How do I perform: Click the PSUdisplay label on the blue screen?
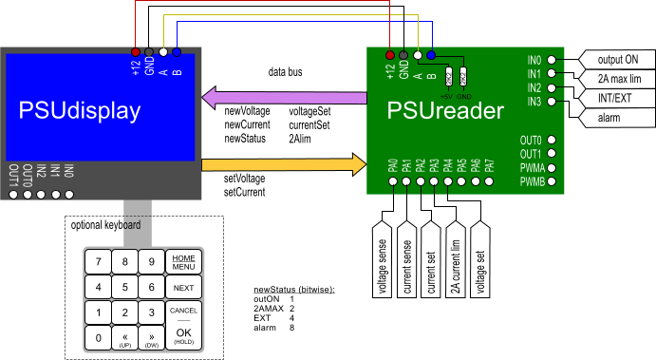(80, 111)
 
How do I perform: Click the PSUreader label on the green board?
(445, 111)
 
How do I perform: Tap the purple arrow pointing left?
(285, 97)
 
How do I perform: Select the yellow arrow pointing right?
(285, 164)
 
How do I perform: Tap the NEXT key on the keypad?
(183, 288)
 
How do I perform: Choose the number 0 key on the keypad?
(98, 337)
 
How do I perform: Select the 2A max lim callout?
(616, 79)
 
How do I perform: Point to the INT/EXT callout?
(616, 98)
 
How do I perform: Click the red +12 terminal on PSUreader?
(390, 54)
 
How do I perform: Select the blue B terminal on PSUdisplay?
(177, 52)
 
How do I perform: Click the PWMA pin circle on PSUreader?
(552, 167)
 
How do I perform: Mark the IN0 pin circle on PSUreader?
(552, 60)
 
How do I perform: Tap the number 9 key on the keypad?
(150, 261)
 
